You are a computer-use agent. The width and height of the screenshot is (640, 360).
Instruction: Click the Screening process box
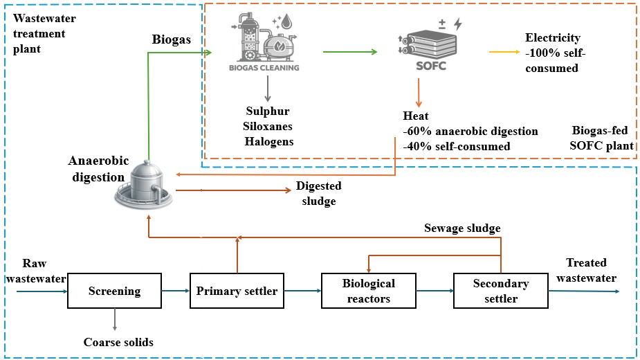[114, 291]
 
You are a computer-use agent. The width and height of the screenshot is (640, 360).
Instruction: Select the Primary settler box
[237, 291]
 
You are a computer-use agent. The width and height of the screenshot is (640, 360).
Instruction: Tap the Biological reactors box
[368, 291]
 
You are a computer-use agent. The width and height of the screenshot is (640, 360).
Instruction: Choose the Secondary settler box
[500, 291]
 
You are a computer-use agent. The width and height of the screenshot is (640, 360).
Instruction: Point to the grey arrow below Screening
[114, 319]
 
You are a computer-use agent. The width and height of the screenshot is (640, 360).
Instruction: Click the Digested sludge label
[318, 194]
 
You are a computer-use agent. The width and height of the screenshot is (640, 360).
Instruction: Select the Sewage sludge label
[462, 228]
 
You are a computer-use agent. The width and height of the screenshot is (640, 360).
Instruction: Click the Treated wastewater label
[586, 270]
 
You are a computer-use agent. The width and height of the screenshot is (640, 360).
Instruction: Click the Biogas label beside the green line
[171, 39]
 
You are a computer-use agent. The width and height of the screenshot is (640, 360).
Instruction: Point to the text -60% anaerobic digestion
[470, 131]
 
